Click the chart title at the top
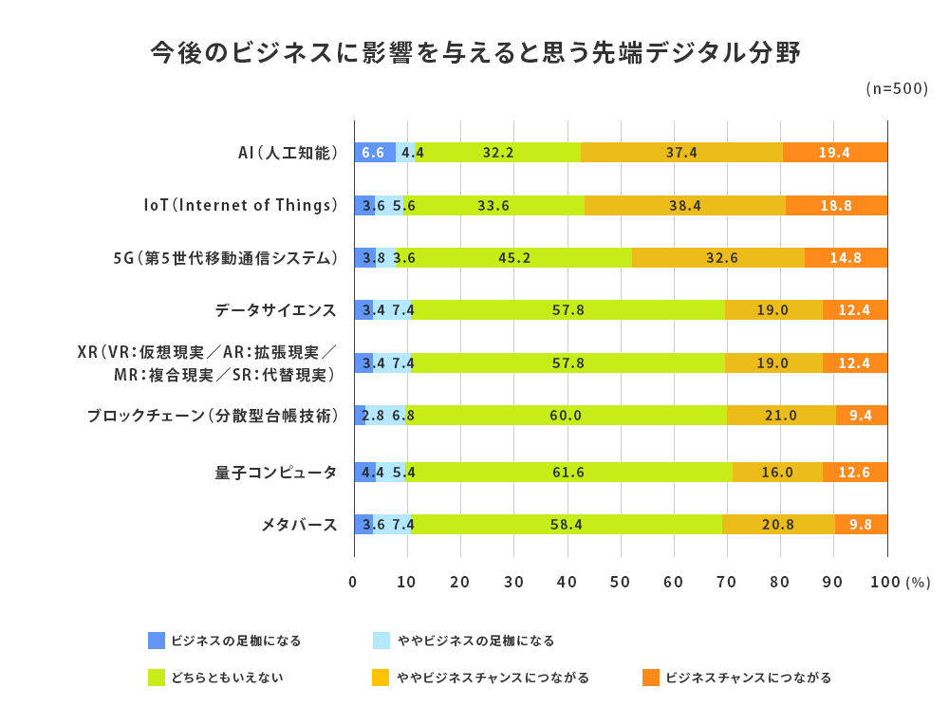[x=475, y=53]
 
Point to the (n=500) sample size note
[x=897, y=88]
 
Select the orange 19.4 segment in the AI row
[x=835, y=152]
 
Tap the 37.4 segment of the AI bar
[x=681, y=152]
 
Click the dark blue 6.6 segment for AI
[x=374, y=152]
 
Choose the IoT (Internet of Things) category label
[x=241, y=205]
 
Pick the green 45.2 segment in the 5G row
[x=513, y=257]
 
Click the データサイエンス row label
[x=276, y=310]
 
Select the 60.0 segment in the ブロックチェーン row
[x=567, y=415]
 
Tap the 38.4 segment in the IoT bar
[x=684, y=205]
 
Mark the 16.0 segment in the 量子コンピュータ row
[x=777, y=472]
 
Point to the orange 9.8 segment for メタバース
[x=861, y=524]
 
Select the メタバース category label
[x=299, y=524]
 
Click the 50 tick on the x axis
[x=621, y=582]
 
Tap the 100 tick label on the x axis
[x=885, y=582]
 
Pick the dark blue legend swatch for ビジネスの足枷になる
[x=158, y=641]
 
